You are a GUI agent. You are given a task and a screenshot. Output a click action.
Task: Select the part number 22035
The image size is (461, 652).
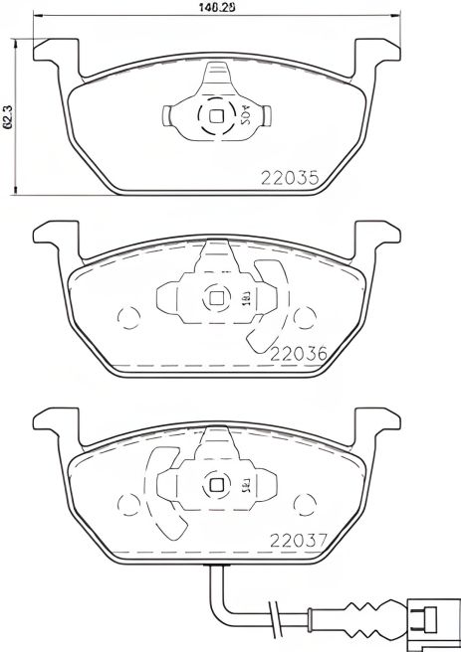coord(288,181)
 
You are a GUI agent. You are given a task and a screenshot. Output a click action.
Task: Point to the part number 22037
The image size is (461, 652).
coord(298,543)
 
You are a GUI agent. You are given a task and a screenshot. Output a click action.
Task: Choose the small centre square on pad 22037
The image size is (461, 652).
coord(217,484)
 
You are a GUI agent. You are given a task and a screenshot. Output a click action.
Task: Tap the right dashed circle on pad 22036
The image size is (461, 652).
coord(303,320)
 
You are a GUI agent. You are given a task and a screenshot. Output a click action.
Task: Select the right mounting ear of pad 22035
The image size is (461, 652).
coord(377,51)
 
